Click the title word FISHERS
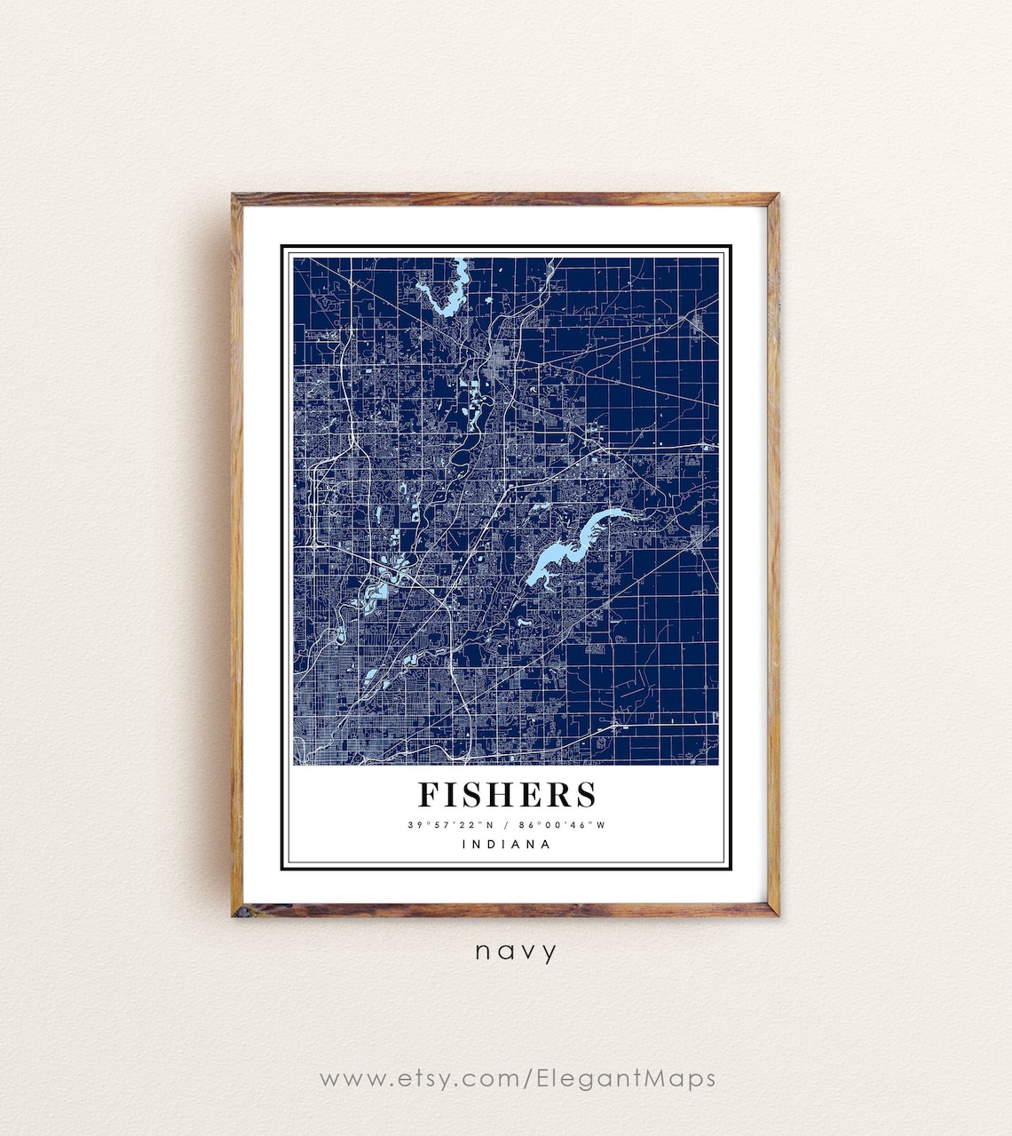tap(507, 794)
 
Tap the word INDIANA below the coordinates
tap(507, 845)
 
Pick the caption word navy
tap(516, 952)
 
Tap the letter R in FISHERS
tap(560, 794)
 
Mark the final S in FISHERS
tap(586, 794)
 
